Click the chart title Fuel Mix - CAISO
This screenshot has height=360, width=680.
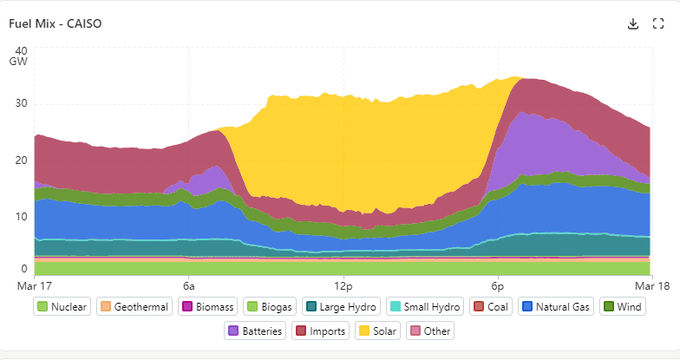coord(55,23)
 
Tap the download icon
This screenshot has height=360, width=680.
coord(633,23)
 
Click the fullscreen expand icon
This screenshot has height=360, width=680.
coord(657,23)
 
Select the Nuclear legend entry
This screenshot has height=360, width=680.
coord(62,306)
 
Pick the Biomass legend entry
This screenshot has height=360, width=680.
coord(207,306)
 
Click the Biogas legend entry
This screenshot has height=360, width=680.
coord(271,306)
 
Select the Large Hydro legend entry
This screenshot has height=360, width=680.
coord(341,306)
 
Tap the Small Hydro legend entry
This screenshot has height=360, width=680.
coord(424,306)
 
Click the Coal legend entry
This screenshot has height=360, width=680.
coord(493,306)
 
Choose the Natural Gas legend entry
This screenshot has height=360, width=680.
coord(556,306)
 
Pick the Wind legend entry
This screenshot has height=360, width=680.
coord(622,306)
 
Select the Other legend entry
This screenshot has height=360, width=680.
coord(431,331)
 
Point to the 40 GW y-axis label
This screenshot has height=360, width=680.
coord(21,56)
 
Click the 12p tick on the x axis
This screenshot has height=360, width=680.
coord(343,285)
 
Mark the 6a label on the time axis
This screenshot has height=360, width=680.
coord(188,285)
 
